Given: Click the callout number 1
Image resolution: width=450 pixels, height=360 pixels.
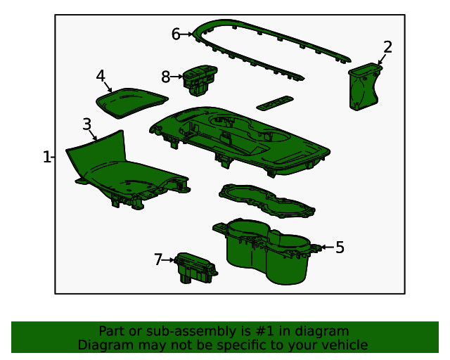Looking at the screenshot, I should pos(46,157).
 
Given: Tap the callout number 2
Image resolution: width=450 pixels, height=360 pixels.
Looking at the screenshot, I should pos(387,47).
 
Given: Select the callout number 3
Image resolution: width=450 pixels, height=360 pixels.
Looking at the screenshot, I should pos(86,124).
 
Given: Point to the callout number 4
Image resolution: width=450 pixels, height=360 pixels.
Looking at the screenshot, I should pos(101,75).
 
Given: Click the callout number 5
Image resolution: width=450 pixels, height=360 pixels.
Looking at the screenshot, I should pos(340,247).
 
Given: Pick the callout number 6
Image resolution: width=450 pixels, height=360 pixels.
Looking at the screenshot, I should pos(176,33).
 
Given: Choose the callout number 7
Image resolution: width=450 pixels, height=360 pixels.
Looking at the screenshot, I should pos(157,259).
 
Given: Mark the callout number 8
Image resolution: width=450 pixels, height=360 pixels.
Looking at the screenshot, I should pos(166,76).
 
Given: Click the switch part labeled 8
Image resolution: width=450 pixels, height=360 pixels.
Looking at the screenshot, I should pos(199,78).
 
